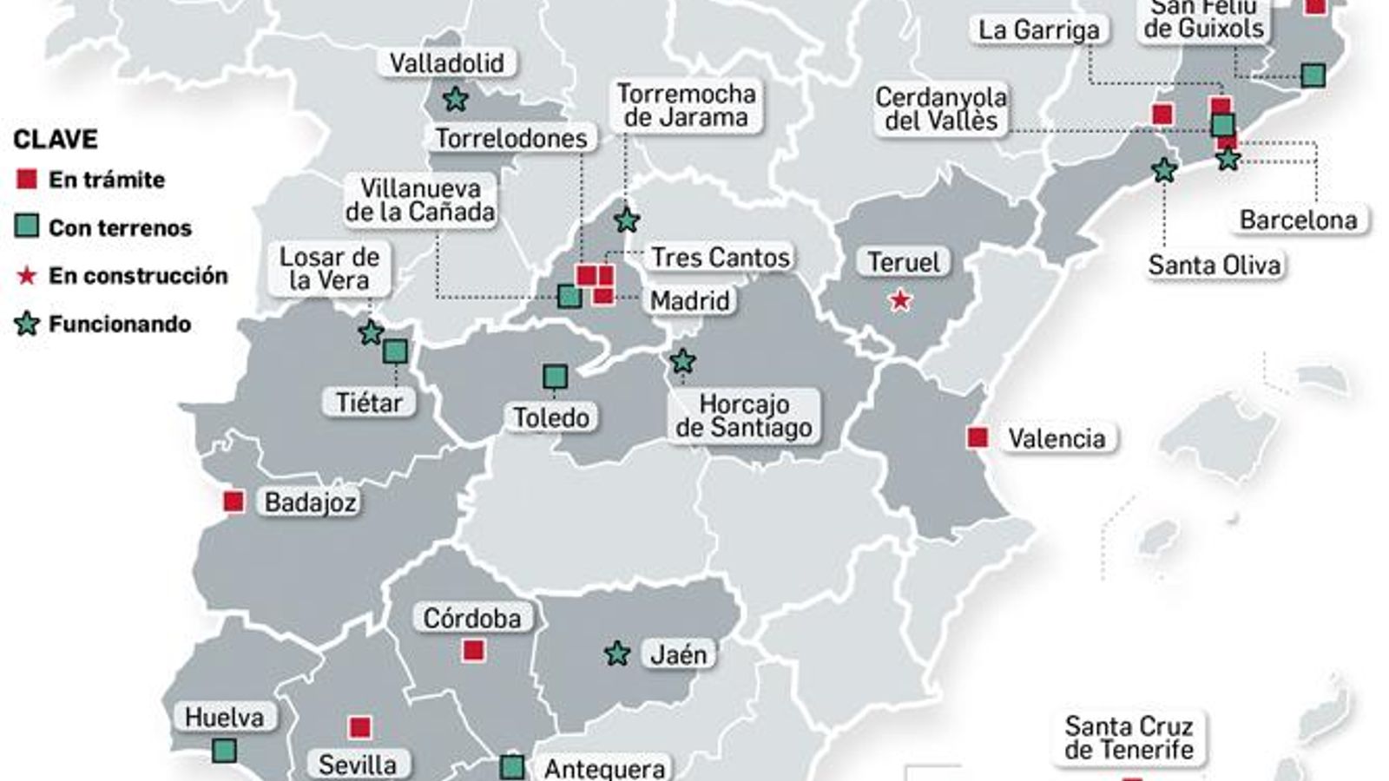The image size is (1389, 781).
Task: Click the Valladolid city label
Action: point(446,63)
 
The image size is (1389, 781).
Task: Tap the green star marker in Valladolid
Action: point(455,99)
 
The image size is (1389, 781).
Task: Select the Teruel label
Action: point(904,262)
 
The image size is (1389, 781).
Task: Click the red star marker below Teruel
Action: point(900,301)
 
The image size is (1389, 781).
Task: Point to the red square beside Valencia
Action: point(978,437)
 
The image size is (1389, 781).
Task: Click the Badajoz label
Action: point(310,502)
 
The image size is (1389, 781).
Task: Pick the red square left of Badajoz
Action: point(234,502)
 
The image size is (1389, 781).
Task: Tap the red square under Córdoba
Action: point(473,650)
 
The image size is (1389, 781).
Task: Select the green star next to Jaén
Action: point(617,653)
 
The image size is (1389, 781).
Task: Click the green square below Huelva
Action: point(224,751)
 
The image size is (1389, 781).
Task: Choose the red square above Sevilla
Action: point(359,727)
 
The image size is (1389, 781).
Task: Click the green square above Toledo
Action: point(555,377)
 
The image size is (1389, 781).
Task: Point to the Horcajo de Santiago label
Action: point(744,416)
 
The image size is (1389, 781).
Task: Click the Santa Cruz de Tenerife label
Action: point(1129,738)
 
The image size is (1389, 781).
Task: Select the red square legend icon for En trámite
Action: point(27,180)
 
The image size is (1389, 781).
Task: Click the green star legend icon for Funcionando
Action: point(28,325)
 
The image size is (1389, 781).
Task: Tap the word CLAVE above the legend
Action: point(56,139)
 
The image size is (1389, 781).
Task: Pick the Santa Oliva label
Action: point(1214,265)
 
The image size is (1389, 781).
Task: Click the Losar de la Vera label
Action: point(329,268)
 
